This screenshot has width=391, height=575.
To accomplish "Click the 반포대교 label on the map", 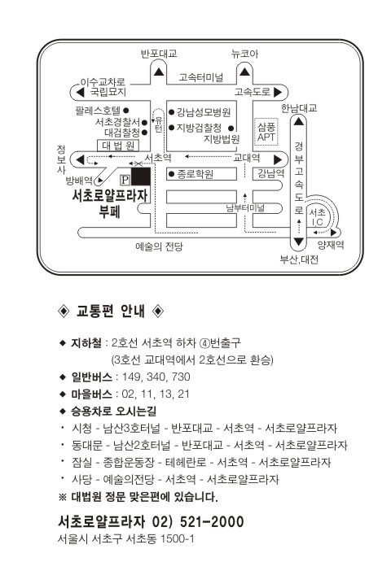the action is (x=159, y=54).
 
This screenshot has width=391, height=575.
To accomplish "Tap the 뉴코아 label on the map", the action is (x=244, y=54).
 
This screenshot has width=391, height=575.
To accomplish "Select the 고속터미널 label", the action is (x=201, y=77).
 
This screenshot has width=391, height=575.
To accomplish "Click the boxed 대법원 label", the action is (x=118, y=146).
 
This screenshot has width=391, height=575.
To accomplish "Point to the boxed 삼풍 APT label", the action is (x=266, y=132).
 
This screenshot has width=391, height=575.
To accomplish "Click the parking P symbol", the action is (x=125, y=179).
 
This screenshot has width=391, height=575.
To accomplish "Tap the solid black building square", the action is (x=141, y=176).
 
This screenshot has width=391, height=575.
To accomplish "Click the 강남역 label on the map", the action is (x=270, y=173).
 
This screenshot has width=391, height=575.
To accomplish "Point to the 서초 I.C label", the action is (x=317, y=217).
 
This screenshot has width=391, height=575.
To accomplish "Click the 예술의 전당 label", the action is (x=159, y=246).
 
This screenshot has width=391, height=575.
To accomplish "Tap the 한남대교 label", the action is (x=299, y=108).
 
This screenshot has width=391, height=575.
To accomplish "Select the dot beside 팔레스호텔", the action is (x=126, y=110).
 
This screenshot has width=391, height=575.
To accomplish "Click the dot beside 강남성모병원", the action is (x=171, y=112).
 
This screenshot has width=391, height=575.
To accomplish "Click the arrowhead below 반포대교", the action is (x=159, y=72).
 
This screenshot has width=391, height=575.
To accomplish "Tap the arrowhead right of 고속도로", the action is (x=278, y=92).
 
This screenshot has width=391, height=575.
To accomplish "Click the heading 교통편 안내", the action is (x=111, y=311).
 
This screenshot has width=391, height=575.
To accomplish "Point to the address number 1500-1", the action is (x=178, y=538).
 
